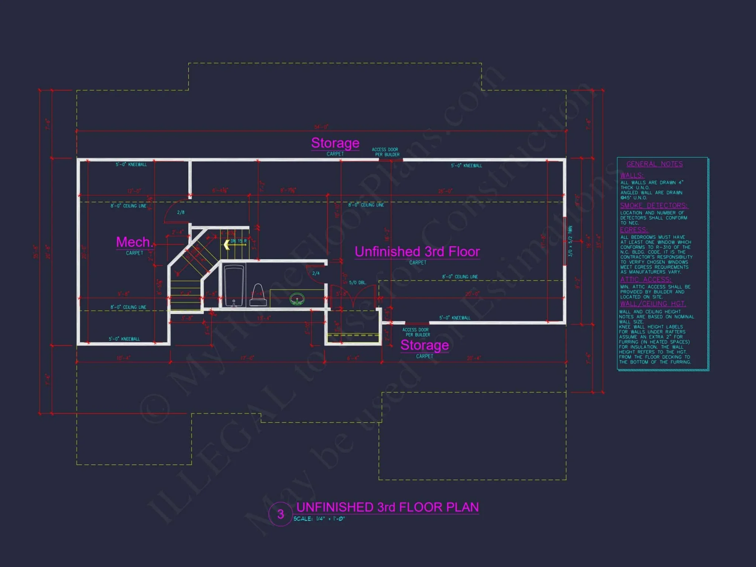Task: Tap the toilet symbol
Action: (x=258, y=295)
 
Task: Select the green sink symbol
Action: (x=297, y=299)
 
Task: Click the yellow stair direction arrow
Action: (x=227, y=245)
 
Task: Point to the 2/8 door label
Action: (x=181, y=212)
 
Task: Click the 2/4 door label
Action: (x=316, y=273)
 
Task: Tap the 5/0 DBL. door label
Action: (x=357, y=283)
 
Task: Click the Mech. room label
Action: (x=135, y=242)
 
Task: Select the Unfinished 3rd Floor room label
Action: (x=417, y=252)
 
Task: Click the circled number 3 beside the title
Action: (x=280, y=514)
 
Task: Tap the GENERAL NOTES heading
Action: (x=654, y=164)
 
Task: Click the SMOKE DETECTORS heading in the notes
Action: (x=654, y=206)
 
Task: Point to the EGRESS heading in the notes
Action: (x=634, y=230)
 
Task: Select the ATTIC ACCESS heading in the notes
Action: (x=646, y=280)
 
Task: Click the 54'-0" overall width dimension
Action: (x=321, y=127)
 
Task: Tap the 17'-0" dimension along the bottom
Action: (x=247, y=358)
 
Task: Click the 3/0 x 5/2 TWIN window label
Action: (x=570, y=241)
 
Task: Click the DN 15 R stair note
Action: (x=239, y=241)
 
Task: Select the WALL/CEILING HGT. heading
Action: (x=653, y=304)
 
